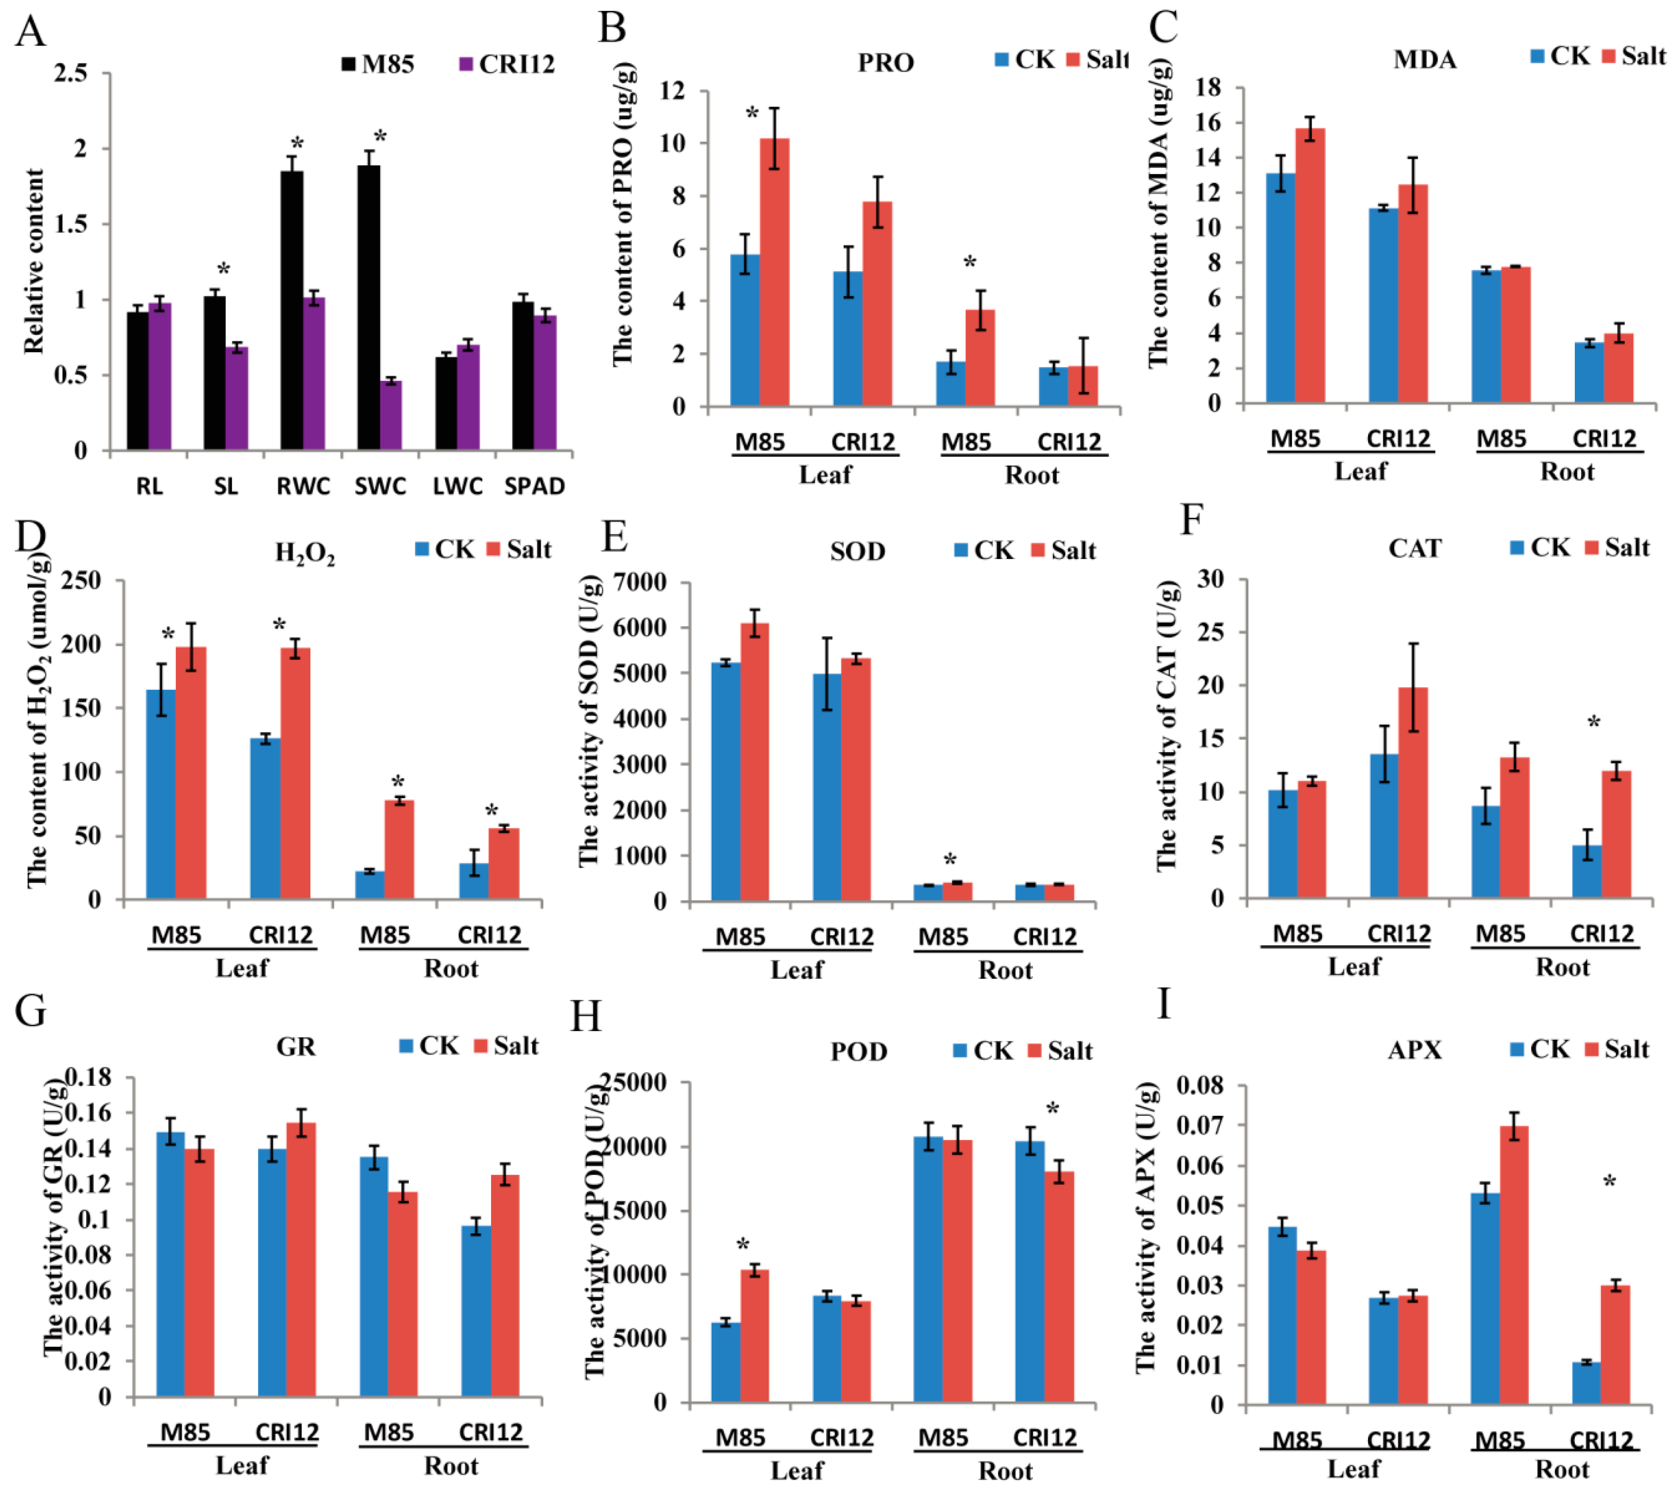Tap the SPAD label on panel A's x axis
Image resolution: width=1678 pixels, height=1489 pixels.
(534, 487)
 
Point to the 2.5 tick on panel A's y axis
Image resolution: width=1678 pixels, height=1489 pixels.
(71, 74)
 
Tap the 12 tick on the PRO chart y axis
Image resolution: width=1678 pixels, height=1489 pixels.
(672, 90)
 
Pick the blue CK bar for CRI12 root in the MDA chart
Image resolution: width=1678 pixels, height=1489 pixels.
(1589, 373)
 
